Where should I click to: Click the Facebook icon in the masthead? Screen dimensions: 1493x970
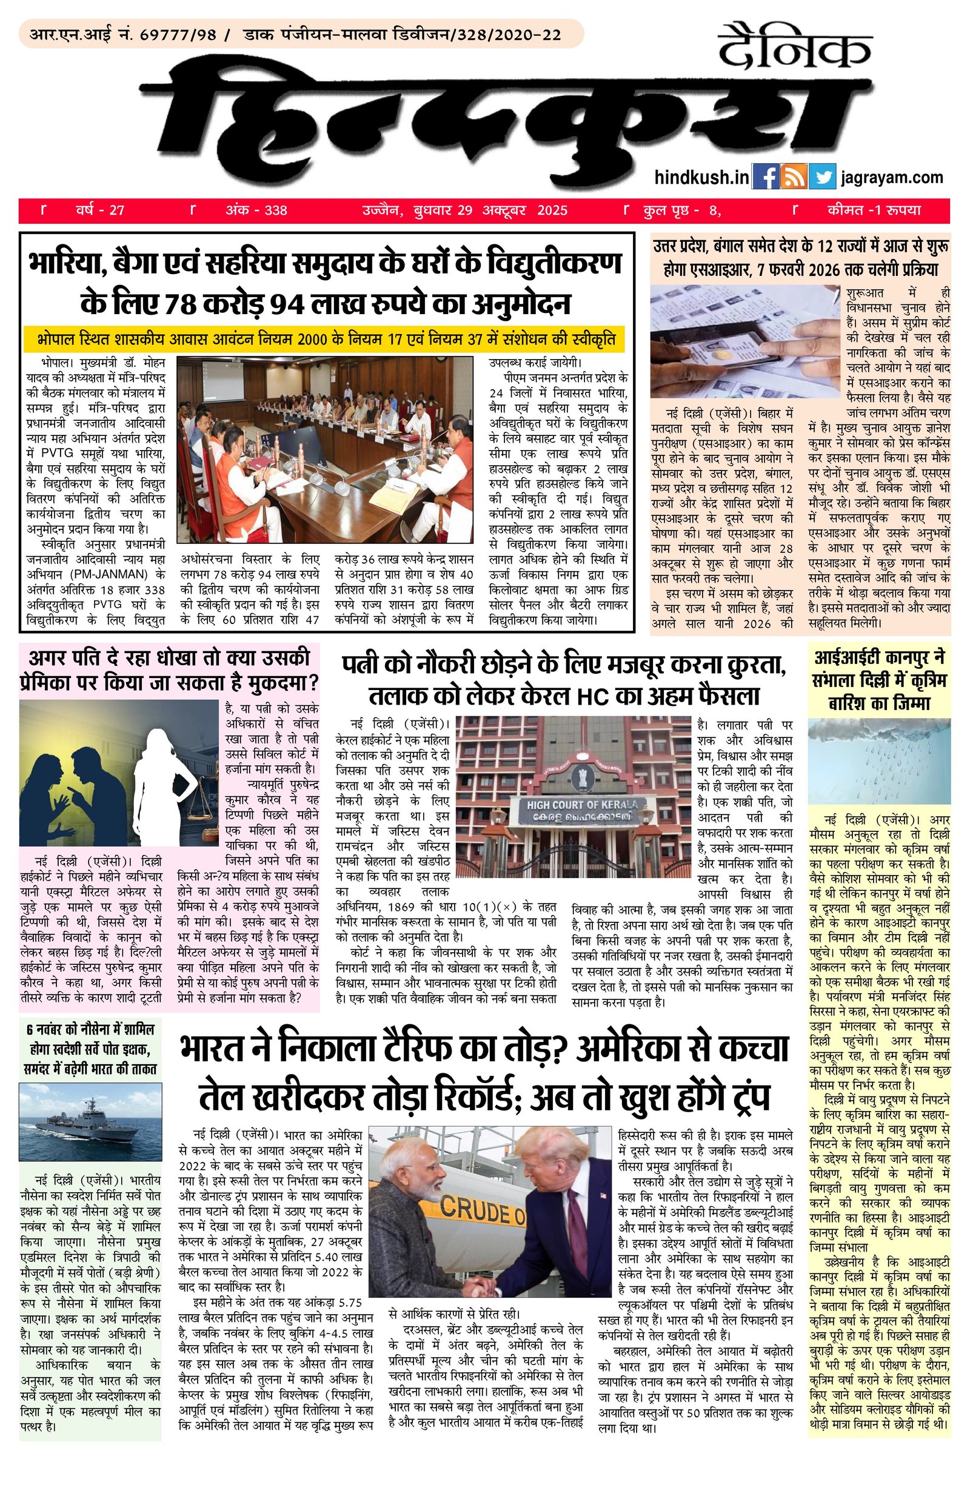coord(764,176)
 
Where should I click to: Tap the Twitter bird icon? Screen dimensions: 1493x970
coord(822,176)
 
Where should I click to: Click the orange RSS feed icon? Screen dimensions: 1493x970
coord(794,176)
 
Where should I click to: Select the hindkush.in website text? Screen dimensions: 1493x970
coord(701,178)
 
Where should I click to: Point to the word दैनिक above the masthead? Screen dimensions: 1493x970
coord(794,48)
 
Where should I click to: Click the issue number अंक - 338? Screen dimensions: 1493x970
coord(256,210)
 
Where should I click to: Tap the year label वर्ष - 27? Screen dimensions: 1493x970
coord(100,210)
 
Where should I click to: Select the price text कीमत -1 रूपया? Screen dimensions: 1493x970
coord(874,210)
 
